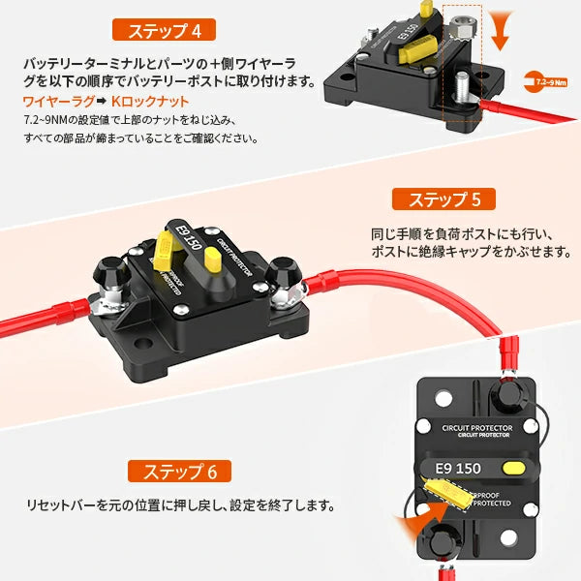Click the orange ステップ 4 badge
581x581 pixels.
click(169, 29)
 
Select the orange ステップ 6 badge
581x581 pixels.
click(179, 473)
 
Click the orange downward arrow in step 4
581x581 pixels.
click(500, 31)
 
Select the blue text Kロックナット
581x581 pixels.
click(146, 101)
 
